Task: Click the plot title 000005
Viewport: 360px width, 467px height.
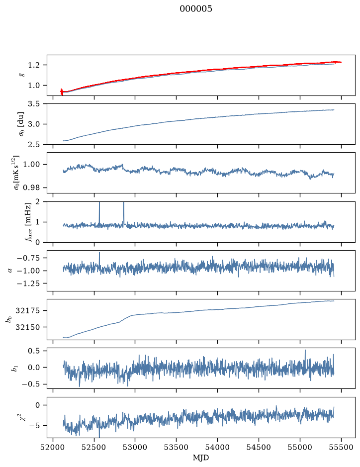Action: tap(195, 9)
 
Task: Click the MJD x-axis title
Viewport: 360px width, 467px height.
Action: tap(201, 458)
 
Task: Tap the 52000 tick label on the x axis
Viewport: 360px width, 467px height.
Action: tap(53, 447)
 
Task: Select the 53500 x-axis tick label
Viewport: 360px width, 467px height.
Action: tap(176, 447)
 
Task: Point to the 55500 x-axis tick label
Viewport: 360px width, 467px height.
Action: tap(341, 447)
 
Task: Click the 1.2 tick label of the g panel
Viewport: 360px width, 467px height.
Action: tap(33, 65)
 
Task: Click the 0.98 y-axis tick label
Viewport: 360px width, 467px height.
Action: tap(31, 188)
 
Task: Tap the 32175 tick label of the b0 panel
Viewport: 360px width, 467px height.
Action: tap(27, 311)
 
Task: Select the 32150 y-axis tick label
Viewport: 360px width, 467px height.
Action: tap(27, 327)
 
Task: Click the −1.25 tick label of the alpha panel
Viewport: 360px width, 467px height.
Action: tap(28, 283)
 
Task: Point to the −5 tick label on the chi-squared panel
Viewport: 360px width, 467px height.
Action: tap(34, 426)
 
